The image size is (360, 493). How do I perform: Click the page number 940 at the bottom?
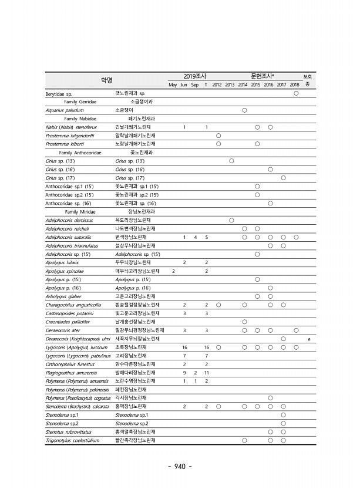pyautogui.click(x=180, y=467)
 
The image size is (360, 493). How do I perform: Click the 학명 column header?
pyautogui.click(x=106, y=80)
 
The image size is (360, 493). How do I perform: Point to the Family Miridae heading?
pyautogui.click(x=80, y=211)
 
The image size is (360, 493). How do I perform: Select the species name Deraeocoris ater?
pyautogui.click(x=64, y=330)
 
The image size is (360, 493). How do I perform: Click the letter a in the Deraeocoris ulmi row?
pyautogui.click(x=308, y=339)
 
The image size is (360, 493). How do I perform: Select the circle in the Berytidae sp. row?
pyautogui.click(x=296, y=93)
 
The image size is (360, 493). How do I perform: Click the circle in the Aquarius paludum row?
pyautogui.click(x=244, y=110)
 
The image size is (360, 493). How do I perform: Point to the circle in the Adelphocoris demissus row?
pyautogui.click(x=231, y=220)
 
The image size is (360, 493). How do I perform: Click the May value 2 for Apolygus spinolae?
pyautogui.click(x=173, y=271)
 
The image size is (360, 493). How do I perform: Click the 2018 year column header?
pyautogui.click(x=295, y=85)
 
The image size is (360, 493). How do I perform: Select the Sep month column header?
pyautogui.click(x=194, y=85)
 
